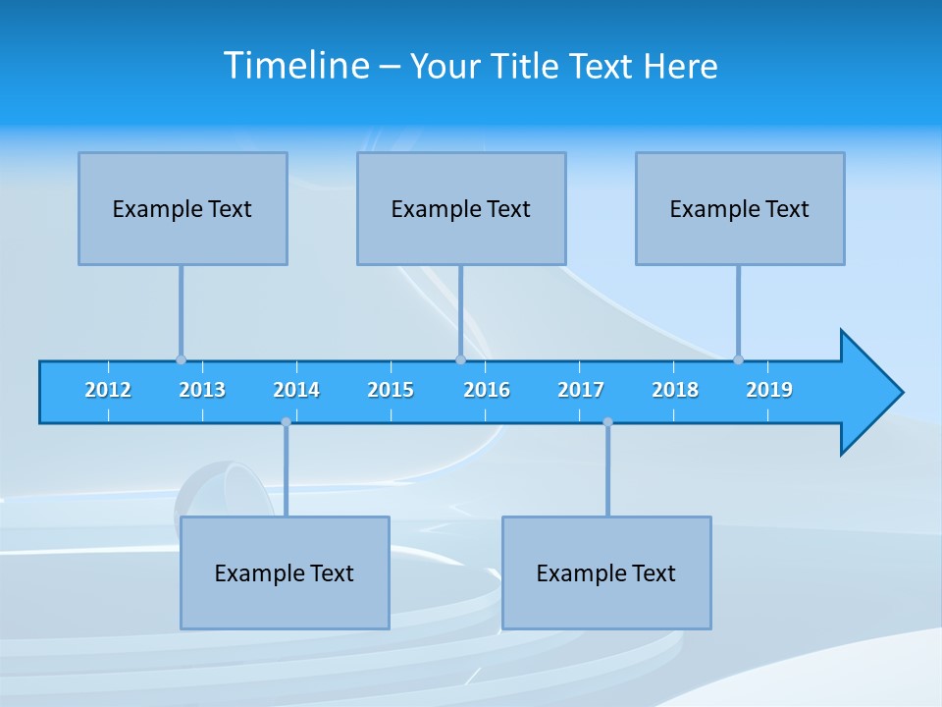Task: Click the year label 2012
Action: pyautogui.click(x=108, y=390)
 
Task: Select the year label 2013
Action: pyautogui.click(x=202, y=390)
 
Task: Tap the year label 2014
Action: pyautogui.click(x=296, y=390)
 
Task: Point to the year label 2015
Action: pyautogui.click(x=391, y=390)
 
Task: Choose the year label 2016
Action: pyautogui.click(x=487, y=390)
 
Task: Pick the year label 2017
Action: pyautogui.click(x=581, y=390)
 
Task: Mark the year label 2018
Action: pyautogui.click(x=675, y=390)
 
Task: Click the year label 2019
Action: pyautogui.click(x=769, y=390)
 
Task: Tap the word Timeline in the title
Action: pyautogui.click(x=296, y=66)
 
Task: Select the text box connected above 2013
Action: pyautogui.click(x=183, y=208)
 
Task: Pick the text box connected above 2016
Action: pyautogui.click(x=461, y=208)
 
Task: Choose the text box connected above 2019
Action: pyautogui.click(x=740, y=208)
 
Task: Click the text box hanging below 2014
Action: pyautogui.click(x=285, y=572)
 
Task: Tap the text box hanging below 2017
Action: pyautogui.click(x=606, y=572)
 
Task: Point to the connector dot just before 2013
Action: pyautogui.click(x=181, y=359)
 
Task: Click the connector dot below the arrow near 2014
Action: pyautogui.click(x=286, y=422)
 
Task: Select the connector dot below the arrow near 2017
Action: pyautogui.click(x=607, y=422)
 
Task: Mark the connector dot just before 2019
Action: pyautogui.click(x=738, y=359)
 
